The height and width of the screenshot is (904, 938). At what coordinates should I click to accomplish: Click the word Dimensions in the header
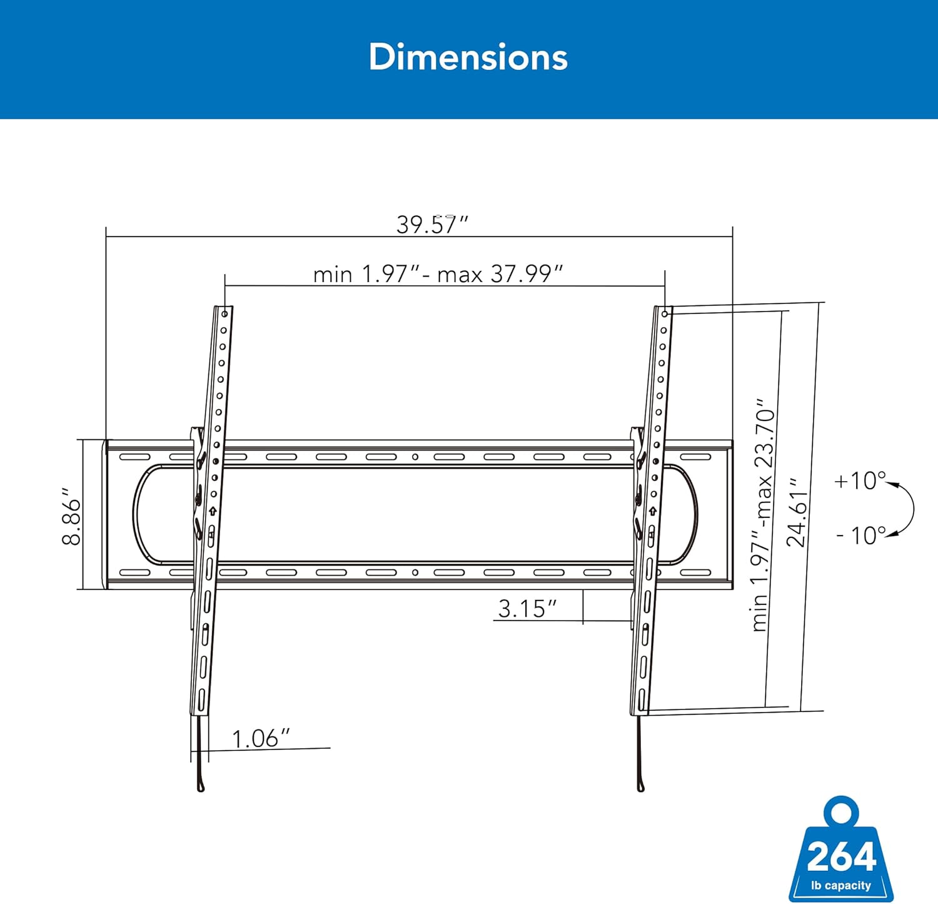tap(468, 58)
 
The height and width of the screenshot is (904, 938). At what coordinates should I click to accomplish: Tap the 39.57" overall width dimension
tap(432, 225)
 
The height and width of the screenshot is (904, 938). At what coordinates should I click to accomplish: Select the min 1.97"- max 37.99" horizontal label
tap(438, 274)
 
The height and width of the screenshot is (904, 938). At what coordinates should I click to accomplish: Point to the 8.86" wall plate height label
tap(72, 521)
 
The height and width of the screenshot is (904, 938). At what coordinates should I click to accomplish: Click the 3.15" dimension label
tap(527, 609)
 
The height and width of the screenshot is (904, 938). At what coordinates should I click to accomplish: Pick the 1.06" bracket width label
tap(261, 739)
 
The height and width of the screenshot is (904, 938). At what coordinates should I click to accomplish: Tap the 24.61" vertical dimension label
tap(797, 513)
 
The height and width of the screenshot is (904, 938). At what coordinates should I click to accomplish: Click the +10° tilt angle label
tap(860, 480)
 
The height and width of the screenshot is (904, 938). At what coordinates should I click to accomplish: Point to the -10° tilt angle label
tap(861, 535)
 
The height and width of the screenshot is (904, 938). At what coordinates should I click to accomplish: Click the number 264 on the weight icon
tap(841, 857)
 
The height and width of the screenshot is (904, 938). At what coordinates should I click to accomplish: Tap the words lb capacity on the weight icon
tap(841, 885)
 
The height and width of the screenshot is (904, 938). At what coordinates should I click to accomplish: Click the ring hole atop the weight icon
tap(841, 811)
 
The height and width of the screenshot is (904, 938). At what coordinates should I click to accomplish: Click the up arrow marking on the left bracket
tap(213, 511)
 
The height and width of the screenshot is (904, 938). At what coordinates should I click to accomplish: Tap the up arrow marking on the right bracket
tap(652, 511)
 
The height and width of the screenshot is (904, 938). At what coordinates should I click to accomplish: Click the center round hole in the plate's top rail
tap(415, 457)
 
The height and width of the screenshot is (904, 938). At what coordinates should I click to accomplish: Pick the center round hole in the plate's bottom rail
tap(415, 572)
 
